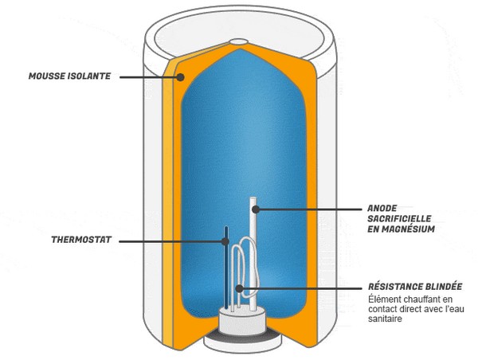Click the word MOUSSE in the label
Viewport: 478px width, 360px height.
pos(47,77)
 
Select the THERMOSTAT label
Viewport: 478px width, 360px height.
pos(81,238)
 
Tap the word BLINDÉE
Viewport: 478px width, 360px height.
pos(445,287)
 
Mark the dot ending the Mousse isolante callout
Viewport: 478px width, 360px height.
pos(182,77)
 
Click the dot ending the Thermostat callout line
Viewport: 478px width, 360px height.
pos(225,239)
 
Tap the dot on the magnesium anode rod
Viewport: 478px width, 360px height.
pos(256,210)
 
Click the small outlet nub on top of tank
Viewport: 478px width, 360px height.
pos(240,41)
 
